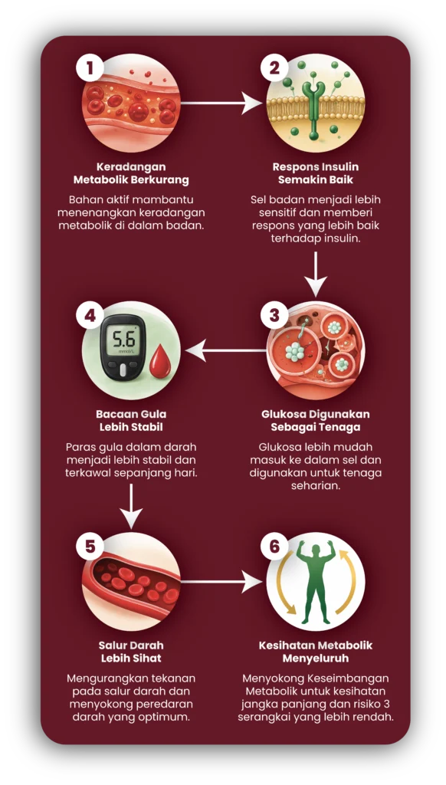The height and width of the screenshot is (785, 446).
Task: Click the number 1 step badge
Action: (x=90, y=68)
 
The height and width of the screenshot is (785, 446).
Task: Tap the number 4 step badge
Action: (x=90, y=316)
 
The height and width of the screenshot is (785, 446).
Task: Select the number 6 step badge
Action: (x=275, y=547)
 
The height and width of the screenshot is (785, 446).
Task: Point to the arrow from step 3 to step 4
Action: (x=225, y=350)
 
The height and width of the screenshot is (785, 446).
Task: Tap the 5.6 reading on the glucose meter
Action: (x=123, y=340)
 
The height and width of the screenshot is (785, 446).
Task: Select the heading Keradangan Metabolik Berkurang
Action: (x=131, y=172)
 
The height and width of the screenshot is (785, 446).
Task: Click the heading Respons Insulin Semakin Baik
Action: (x=316, y=172)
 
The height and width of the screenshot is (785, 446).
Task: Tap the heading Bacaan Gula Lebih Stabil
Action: (x=131, y=421)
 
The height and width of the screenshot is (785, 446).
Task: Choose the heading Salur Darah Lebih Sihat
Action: (x=131, y=652)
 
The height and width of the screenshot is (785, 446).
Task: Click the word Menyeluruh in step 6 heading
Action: (x=316, y=657)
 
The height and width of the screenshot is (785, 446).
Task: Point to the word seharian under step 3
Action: (x=316, y=485)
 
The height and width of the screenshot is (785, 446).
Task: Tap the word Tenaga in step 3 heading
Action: (x=344, y=427)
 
